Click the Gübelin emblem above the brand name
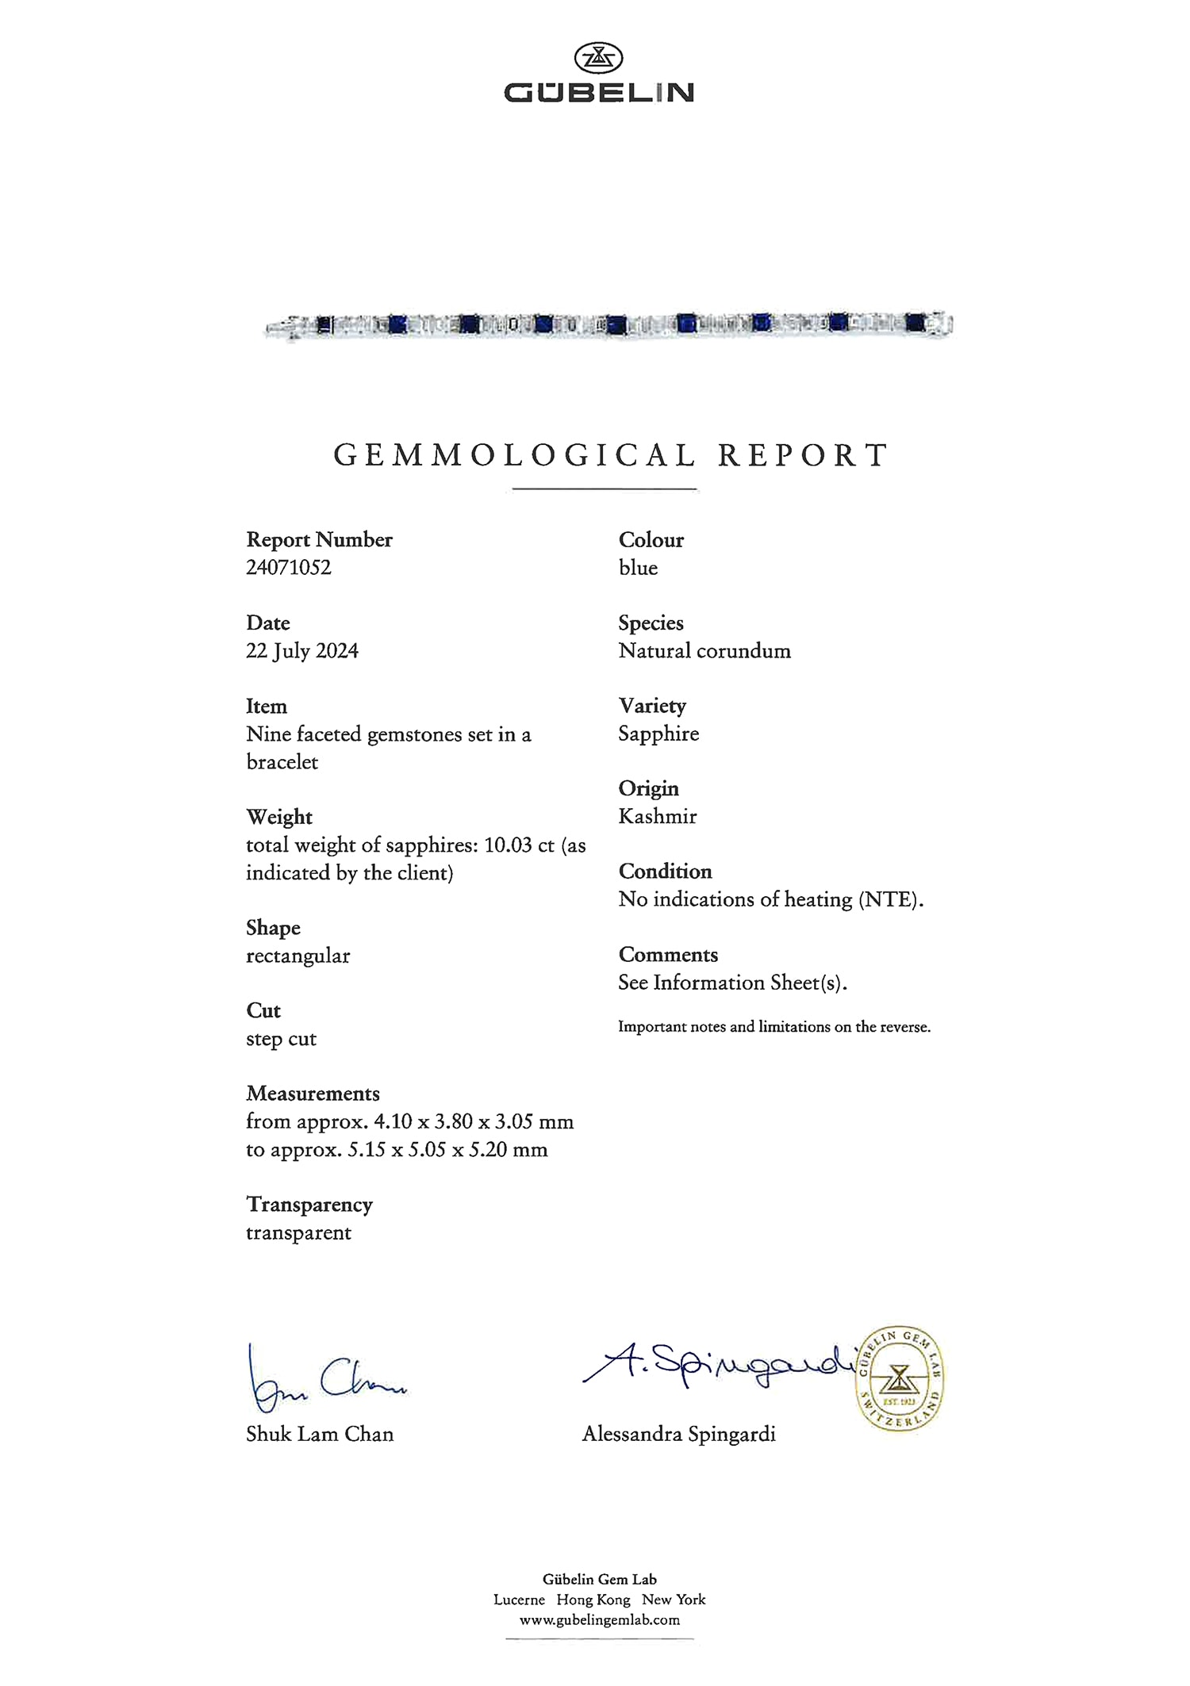598,58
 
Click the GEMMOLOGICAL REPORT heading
610,455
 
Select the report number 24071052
289,568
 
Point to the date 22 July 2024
302,651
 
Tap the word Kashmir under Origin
658,817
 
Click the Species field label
651,623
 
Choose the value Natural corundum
704,651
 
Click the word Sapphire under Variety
658,734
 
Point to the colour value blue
638,568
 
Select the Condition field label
665,872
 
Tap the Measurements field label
313,1094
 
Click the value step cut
281,1039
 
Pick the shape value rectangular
297,956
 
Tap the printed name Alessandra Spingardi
678,1434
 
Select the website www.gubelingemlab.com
600,1620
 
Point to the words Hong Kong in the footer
593,1600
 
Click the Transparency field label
309,1205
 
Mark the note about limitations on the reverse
774,1027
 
